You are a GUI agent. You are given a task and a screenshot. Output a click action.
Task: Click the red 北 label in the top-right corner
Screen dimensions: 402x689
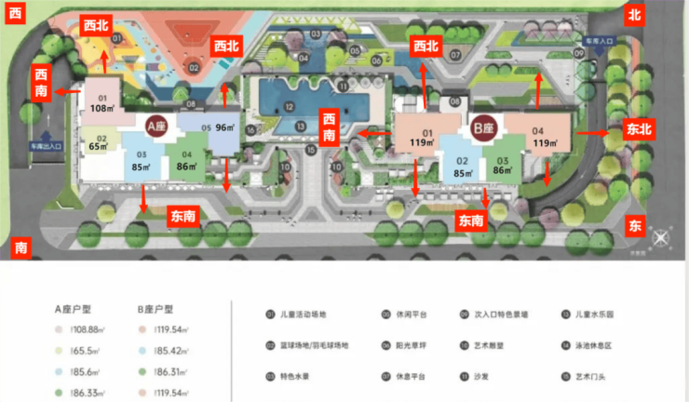(635, 14)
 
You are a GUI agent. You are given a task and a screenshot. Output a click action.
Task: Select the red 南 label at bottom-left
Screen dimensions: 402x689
(20, 248)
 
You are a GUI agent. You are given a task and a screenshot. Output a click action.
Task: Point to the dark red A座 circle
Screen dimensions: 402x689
(155, 126)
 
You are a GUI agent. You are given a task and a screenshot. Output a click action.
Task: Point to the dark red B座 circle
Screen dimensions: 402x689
(482, 130)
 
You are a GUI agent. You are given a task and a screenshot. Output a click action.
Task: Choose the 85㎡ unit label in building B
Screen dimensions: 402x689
(461, 171)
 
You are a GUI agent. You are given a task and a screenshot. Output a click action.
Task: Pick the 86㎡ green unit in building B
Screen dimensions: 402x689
(503, 171)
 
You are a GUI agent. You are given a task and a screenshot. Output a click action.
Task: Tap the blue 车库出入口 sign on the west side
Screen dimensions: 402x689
(45, 146)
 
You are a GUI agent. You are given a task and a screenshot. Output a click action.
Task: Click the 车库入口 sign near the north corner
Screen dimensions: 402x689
(598, 42)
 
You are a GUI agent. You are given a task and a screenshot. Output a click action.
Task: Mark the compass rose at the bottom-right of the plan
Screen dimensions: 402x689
(660, 238)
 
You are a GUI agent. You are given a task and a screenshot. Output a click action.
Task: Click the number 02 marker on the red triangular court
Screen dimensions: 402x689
(194, 67)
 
